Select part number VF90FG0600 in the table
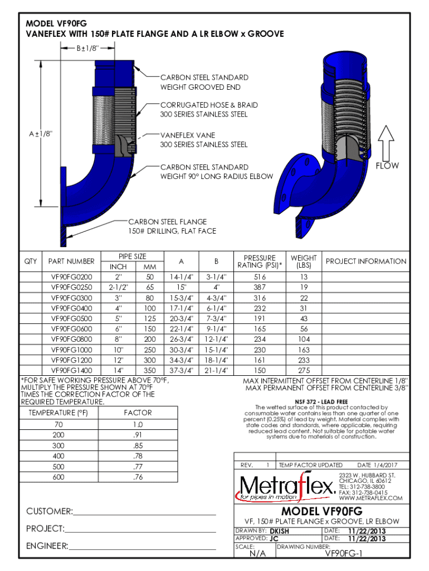(x=71, y=330)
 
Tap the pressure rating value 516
(x=260, y=277)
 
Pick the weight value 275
(x=304, y=370)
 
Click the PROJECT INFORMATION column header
(x=366, y=261)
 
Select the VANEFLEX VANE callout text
(x=188, y=135)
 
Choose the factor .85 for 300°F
(x=138, y=446)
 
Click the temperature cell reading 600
(x=58, y=477)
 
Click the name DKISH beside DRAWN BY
(x=280, y=531)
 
